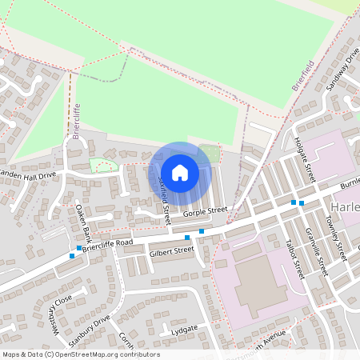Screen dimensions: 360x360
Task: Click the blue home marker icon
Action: tap(180, 172)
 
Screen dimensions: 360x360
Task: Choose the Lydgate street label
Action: tap(183, 329)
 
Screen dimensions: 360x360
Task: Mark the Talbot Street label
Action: tap(294, 258)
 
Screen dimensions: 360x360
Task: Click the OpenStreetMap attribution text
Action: tap(81, 354)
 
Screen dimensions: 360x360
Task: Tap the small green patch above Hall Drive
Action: tap(102, 165)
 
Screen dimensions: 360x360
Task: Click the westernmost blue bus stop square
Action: tap(72, 256)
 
